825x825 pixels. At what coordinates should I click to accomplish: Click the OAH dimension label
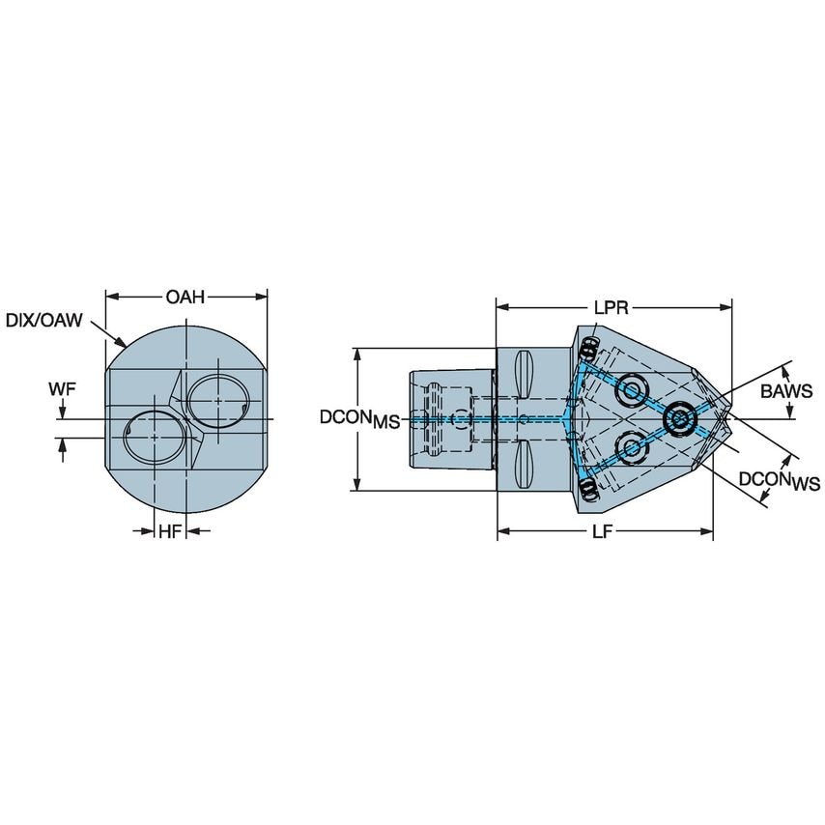(x=185, y=297)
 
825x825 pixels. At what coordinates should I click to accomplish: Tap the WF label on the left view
(x=62, y=389)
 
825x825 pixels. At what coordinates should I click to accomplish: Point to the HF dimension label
(x=170, y=530)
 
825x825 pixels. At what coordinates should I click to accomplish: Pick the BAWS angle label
(x=786, y=391)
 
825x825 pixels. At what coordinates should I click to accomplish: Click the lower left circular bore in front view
(x=154, y=438)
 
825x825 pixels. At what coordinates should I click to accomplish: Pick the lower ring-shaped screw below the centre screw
(x=633, y=447)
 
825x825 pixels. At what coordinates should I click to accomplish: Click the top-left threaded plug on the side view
(x=588, y=346)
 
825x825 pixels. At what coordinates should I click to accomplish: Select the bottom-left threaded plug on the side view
(x=588, y=492)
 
